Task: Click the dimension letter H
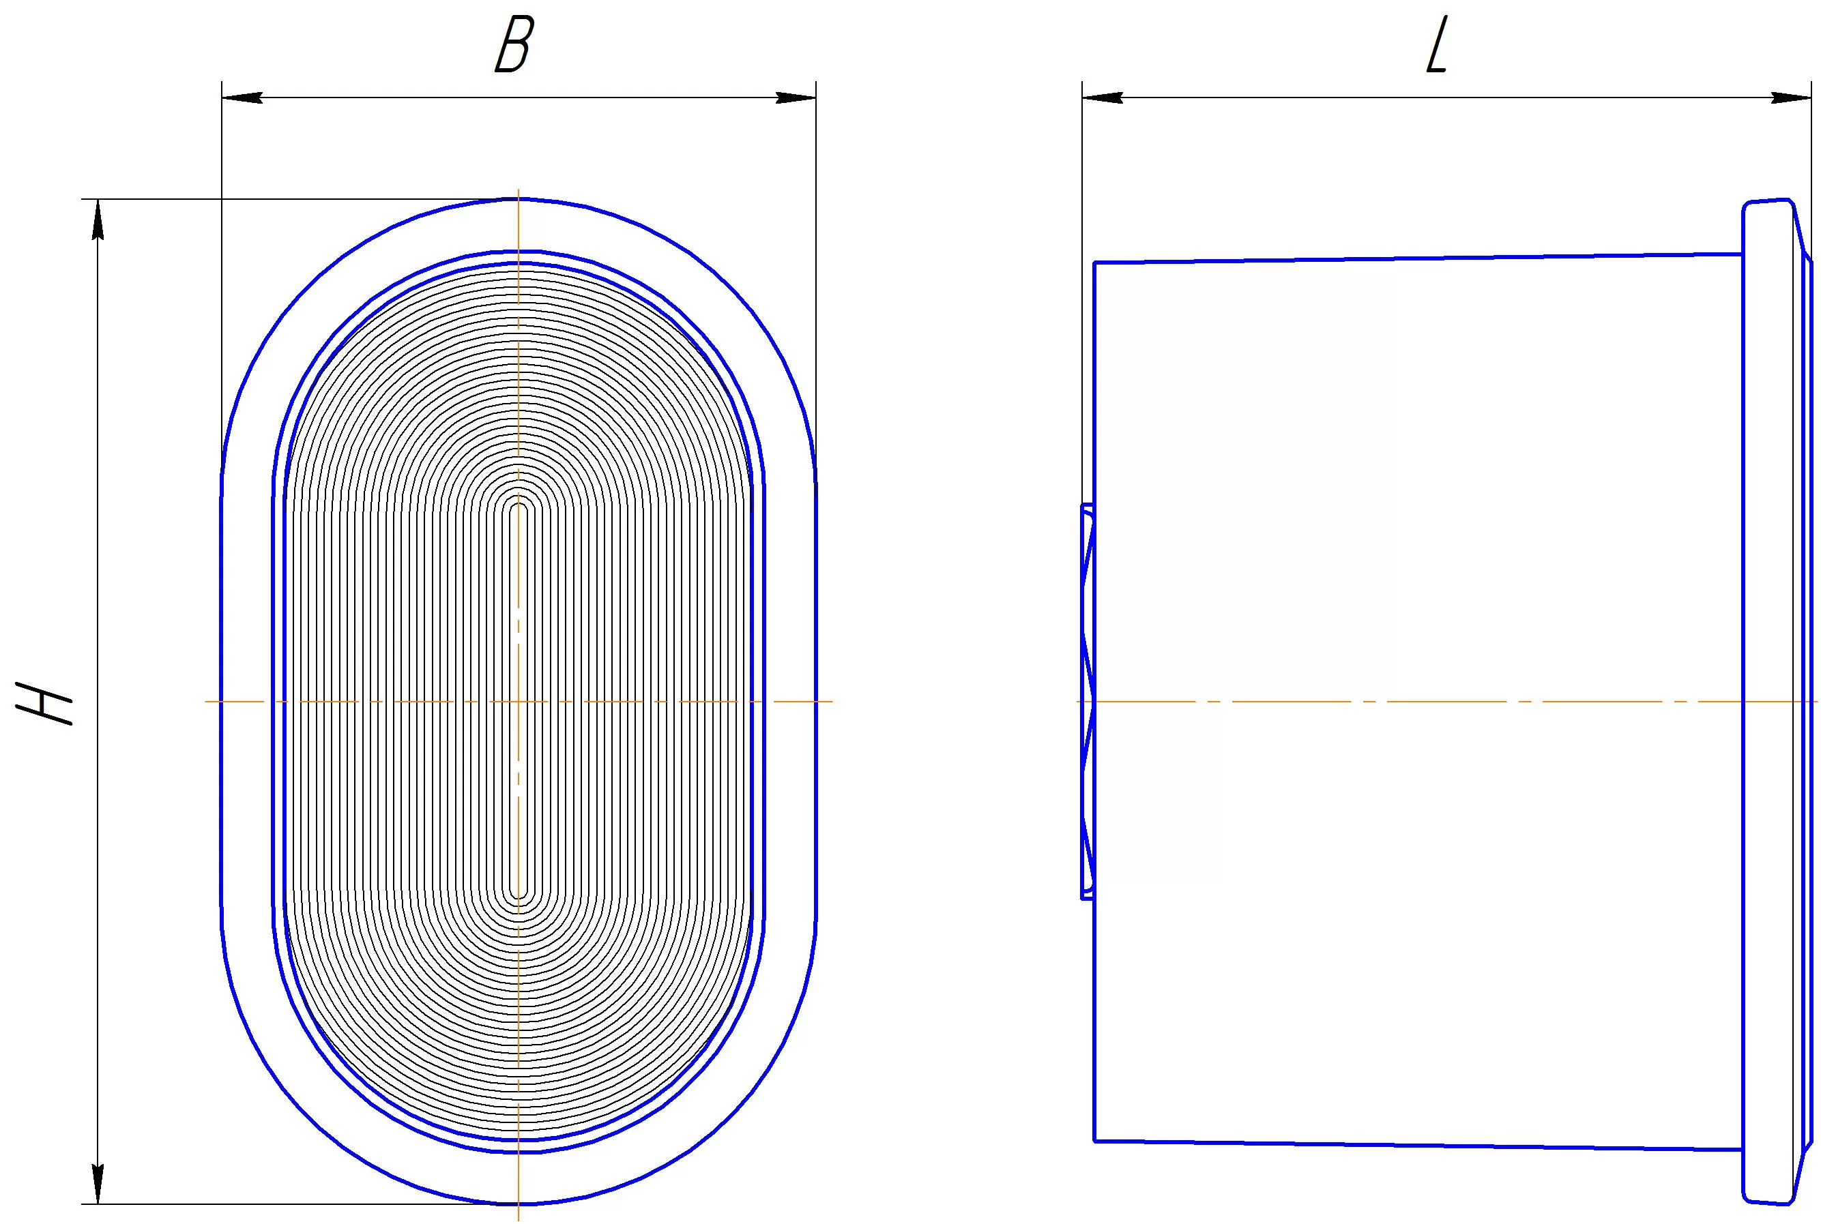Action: tap(44, 703)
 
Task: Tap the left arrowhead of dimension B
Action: tap(242, 98)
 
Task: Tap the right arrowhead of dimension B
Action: tap(796, 98)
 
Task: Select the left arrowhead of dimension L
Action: tap(1103, 98)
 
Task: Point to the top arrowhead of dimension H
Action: tap(98, 220)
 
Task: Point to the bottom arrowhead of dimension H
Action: tap(98, 1183)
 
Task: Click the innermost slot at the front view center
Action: tap(519, 702)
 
